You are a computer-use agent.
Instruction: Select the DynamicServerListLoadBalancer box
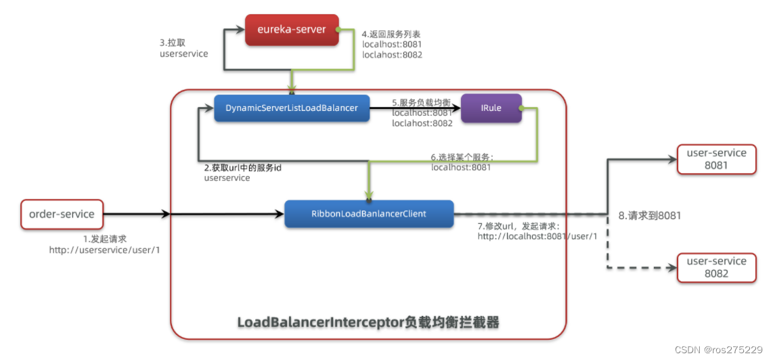pyautogui.click(x=291, y=108)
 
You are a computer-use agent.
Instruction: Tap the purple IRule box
pyautogui.click(x=491, y=108)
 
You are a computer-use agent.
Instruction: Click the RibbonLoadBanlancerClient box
pyautogui.click(x=368, y=214)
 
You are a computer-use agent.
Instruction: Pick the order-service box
pyautogui.click(x=62, y=214)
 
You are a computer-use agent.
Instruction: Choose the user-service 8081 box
pyautogui.click(x=716, y=159)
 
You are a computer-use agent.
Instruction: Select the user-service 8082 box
pyautogui.click(x=716, y=267)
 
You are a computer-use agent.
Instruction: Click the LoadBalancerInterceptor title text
pyautogui.click(x=368, y=323)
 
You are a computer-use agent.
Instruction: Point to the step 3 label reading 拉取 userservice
pyautogui.click(x=183, y=47)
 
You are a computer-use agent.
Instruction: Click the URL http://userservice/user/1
pyautogui.click(x=104, y=250)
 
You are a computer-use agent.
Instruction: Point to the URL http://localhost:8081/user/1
pyautogui.click(x=537, y=236)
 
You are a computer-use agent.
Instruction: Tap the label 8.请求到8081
pyautogui.click(x=650, y=216)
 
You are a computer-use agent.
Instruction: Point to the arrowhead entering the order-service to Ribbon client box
pyautogui.click(x=280, y=214)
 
